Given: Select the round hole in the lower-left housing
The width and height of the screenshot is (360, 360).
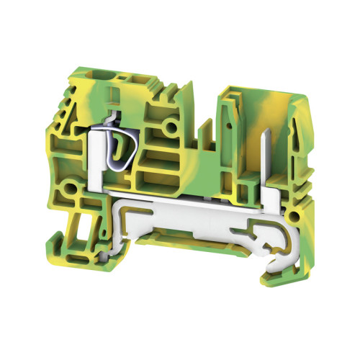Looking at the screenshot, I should click(x=71, y=191).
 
